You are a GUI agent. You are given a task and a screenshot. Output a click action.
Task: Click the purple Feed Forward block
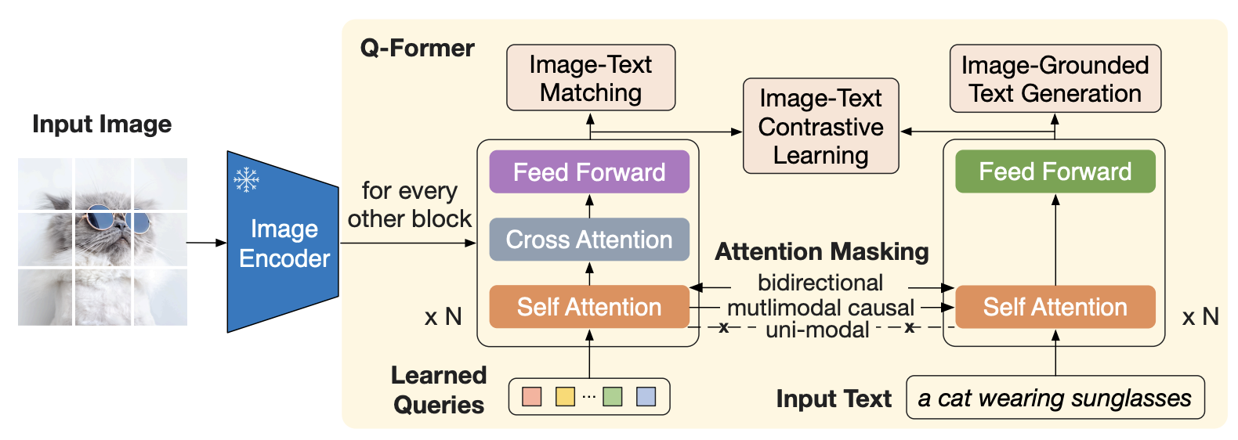589,171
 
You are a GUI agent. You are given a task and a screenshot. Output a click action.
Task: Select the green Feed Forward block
1055,171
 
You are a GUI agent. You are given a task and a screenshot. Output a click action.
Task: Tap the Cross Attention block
589,240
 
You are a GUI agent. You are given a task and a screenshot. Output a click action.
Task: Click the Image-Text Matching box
591,78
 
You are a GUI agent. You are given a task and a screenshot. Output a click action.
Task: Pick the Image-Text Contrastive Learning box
820,126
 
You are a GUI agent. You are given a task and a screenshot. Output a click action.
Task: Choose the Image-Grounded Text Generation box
1055,78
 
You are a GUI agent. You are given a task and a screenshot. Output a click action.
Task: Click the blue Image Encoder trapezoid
283,242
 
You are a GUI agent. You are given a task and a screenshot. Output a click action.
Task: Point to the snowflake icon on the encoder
247,179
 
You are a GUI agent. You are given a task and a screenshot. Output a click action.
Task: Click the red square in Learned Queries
532,396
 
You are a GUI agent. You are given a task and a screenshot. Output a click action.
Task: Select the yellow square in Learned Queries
565,396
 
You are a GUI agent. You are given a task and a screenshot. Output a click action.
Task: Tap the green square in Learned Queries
613,396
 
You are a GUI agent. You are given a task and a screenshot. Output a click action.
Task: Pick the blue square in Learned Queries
646,396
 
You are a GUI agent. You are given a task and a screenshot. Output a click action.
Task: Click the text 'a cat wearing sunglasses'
1055,398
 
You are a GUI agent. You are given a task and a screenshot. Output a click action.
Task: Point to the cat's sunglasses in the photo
118,218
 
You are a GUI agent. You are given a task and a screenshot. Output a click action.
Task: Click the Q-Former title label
418,48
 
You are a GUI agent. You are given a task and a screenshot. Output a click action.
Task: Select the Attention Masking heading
821,252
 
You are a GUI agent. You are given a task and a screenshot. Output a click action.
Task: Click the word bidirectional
820,283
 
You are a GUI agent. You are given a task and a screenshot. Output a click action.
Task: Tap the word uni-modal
817,330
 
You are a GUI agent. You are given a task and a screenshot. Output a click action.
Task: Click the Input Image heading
102,124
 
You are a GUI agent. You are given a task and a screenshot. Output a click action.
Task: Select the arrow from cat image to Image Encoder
207,243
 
